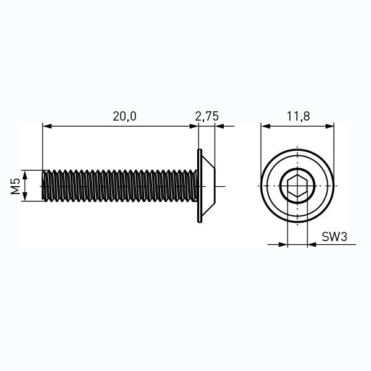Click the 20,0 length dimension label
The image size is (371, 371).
point(124,116)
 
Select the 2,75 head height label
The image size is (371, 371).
point(207,116)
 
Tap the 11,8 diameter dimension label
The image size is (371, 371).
point(298,116)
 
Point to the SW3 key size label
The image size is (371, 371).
point(335,237)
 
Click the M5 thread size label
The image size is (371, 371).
point(15,186)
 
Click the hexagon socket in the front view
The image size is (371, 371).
point(297,186)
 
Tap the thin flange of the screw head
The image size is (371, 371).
point(200,185)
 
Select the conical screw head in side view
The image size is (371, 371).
point(208,186)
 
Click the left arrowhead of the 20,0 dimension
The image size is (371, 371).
point(47,126)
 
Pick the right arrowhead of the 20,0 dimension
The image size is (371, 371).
point(194,126)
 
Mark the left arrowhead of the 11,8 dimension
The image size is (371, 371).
point(265,126)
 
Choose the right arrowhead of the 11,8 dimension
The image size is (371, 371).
point(330,126)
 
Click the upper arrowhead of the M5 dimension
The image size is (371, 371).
point(25,174)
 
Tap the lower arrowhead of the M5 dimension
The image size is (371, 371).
point(25,197)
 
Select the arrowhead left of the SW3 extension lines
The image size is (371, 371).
point(283,244)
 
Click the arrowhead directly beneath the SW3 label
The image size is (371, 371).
point(312,244)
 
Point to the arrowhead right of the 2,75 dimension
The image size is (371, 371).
point(220,126)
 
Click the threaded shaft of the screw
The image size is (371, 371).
point(119,185)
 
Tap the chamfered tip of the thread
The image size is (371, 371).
point(44,185)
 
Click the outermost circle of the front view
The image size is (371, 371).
point(297,150)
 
